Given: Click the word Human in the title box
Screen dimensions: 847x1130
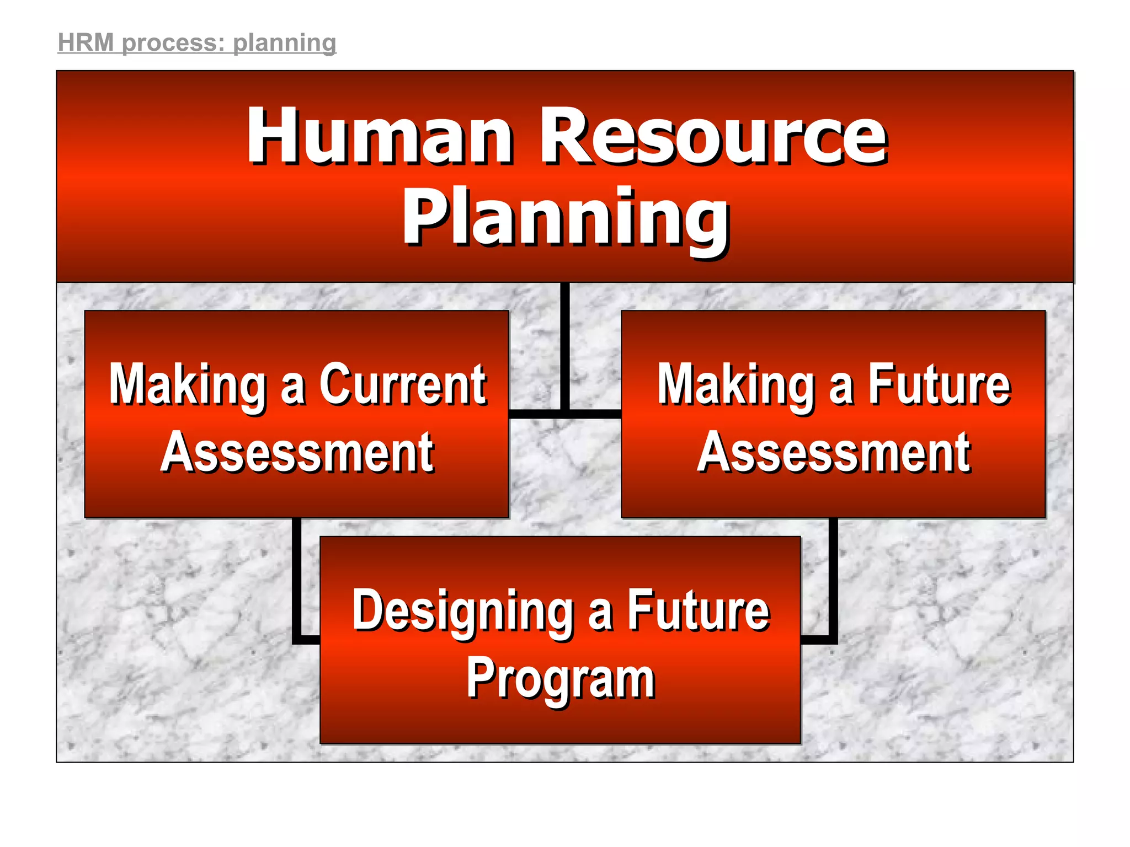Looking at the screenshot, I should click(380, 136).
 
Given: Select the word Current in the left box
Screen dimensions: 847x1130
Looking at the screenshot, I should click(402, 384).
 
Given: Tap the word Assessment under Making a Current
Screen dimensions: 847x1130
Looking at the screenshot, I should click(297, 453).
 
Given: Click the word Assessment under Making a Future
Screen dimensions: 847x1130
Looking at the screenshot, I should click(834, 453).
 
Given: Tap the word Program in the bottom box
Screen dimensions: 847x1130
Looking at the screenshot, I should click(561, 680).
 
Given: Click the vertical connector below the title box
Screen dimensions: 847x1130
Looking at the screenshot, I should click(564, 347).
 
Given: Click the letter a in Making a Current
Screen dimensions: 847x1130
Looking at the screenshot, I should click(292, 388).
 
